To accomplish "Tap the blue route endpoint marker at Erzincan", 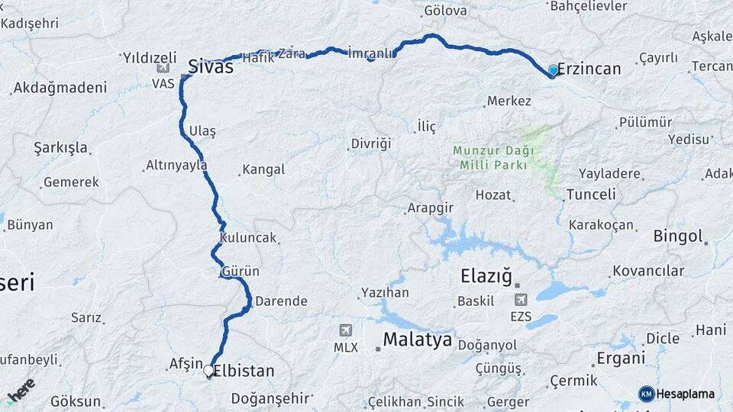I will [x=554, y=70].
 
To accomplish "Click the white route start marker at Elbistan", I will [x=208, y=370].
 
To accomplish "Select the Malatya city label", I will [x=417, y=339].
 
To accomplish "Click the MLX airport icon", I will [x=346, y=330].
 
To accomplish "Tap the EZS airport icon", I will [x=521, y=300].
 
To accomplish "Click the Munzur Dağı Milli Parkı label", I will [x=493, y=158].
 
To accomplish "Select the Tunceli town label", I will [x=591, y=195].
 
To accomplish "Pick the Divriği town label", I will [x=371, y=143].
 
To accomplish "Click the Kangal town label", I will [x=263, y=169].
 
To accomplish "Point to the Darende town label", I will [x=281, y=301].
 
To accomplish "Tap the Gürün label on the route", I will [x=241, y=272].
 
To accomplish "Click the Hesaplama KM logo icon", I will [x=646, y=394].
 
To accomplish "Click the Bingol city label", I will [x=677, y=237].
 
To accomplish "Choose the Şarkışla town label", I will [x=61, y=147].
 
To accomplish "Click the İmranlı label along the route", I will [x=370, y=53].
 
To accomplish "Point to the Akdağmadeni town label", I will [x=57, y=89].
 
